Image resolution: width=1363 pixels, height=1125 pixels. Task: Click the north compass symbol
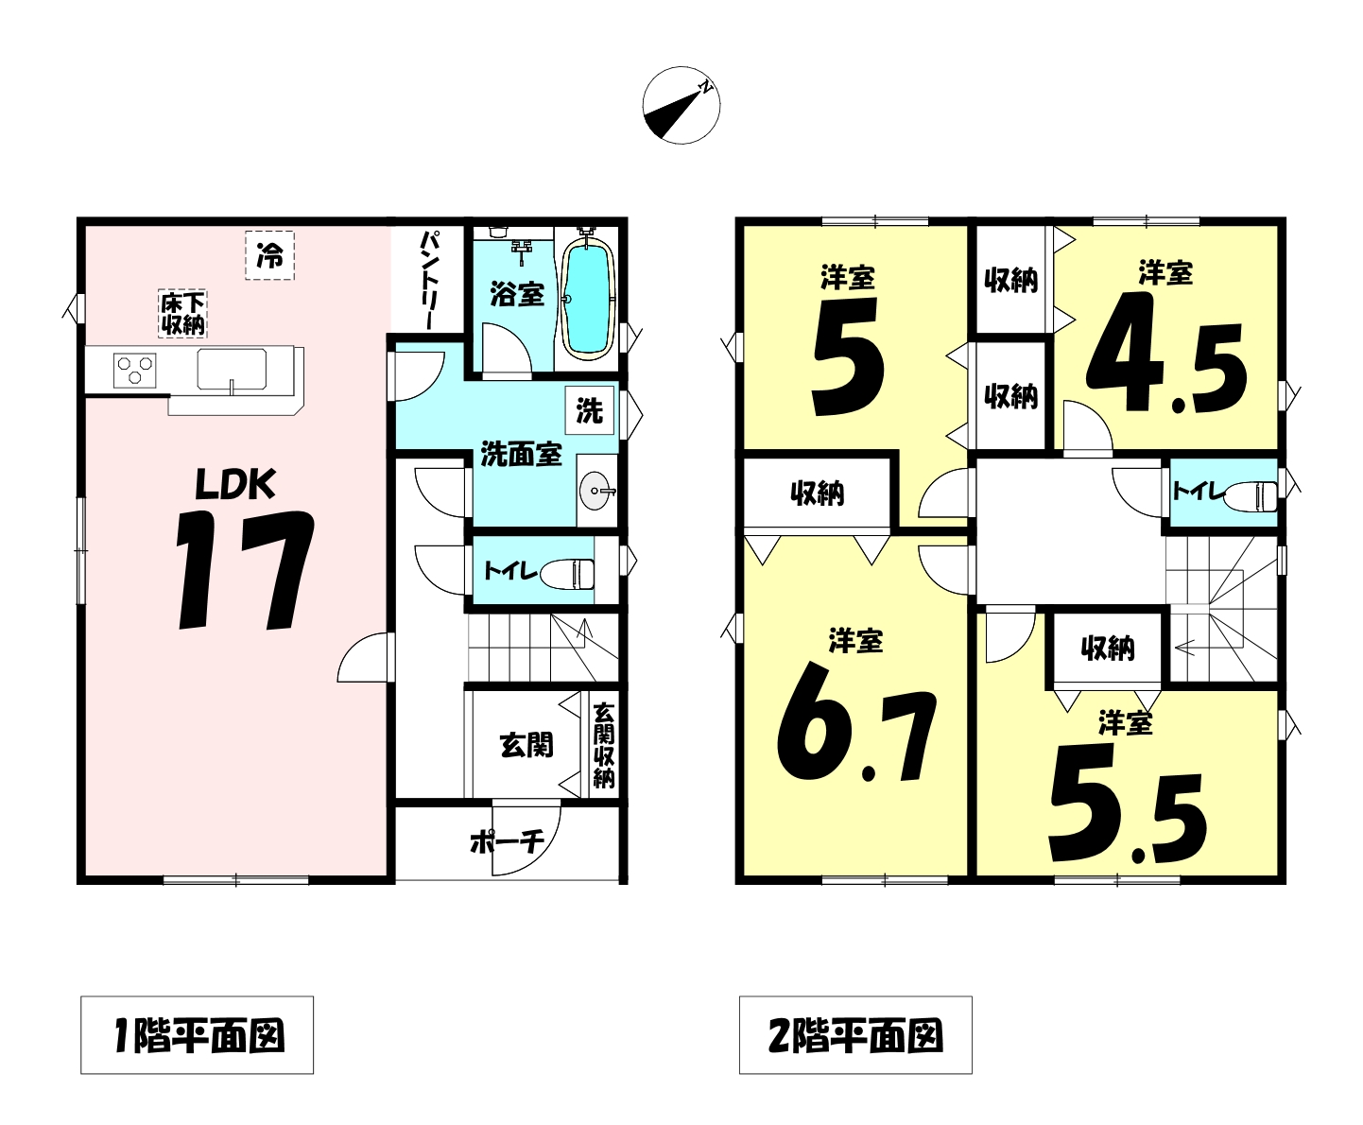(x=681, y=105)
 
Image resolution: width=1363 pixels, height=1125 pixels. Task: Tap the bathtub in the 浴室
(x=588, y=298)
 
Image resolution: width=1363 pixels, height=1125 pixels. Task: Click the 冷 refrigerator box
(x=269, y=255)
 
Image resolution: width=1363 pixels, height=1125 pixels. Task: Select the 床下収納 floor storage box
(x=182, y=314)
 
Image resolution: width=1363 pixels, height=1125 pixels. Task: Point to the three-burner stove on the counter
(x=134, y=371)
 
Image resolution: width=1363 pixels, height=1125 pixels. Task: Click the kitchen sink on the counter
(x=232, y=370)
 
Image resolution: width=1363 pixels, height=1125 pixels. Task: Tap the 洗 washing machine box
(x=590, y=410)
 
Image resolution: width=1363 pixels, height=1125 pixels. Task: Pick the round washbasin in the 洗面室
(x=596, y=491)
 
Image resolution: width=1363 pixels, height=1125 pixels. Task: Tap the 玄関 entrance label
(x=526, y=745)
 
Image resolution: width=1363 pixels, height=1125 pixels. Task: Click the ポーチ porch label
(x=508, y=842)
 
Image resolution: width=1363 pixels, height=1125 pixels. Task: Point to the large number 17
(x=245, y=569)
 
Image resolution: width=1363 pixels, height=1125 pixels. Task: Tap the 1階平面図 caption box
(x=198, y=1035)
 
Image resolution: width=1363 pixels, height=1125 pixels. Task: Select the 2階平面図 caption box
(x=855, y=1035)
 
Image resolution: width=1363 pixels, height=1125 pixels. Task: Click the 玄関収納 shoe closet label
(x=603, y=744)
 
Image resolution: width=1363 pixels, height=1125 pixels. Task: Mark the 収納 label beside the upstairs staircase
(x=1108, y=649)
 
